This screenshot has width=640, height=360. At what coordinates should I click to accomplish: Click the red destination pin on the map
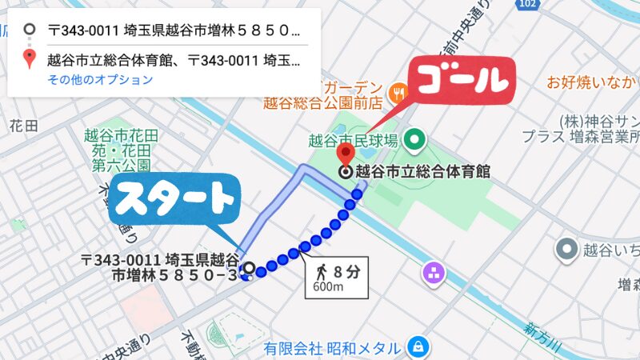coord(346,154)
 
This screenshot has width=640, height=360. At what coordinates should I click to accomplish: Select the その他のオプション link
coord(100,79)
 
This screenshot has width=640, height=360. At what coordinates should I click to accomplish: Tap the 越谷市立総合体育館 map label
coord(422,171)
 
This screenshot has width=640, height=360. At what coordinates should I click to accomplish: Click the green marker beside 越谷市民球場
coord(414,142)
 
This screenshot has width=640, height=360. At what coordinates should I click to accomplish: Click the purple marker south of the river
coord(435,273)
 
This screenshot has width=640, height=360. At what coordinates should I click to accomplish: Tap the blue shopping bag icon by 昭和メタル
coord(417,347)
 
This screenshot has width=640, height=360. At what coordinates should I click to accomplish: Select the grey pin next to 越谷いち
coord(568,250)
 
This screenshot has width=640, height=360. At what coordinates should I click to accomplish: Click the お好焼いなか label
coord(593,82)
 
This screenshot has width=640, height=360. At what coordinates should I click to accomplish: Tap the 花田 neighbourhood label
coord(24,126)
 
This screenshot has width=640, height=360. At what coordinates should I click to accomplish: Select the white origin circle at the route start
coord(249,269)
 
